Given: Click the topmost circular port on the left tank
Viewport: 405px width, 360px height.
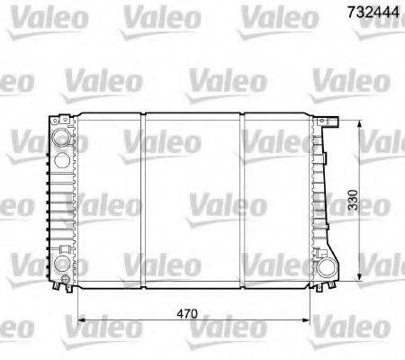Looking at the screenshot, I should (x=60, y=139).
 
